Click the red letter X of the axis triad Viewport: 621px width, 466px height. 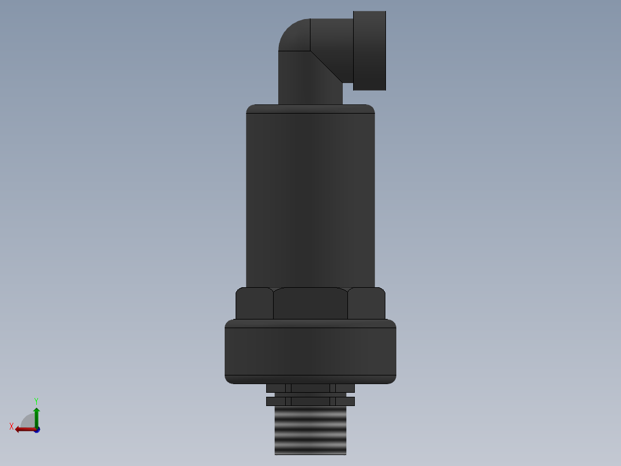click(x=12, y=427)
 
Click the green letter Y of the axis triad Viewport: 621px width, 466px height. click(x=36, y=400)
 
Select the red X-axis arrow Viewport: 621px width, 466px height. click(x=24, y=429)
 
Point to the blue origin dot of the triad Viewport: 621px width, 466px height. click(x=37, y=430)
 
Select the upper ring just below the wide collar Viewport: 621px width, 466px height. click(x=310, y=388)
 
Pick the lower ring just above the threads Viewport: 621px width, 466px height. click(x=310, y=401)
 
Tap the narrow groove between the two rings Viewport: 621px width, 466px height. click(x=310, y=394)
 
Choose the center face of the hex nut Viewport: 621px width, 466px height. click(x=310, y=303)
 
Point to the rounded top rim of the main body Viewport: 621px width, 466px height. click(x=310, y=109)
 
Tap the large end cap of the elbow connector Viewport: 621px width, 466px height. click(x=369, y=51)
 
